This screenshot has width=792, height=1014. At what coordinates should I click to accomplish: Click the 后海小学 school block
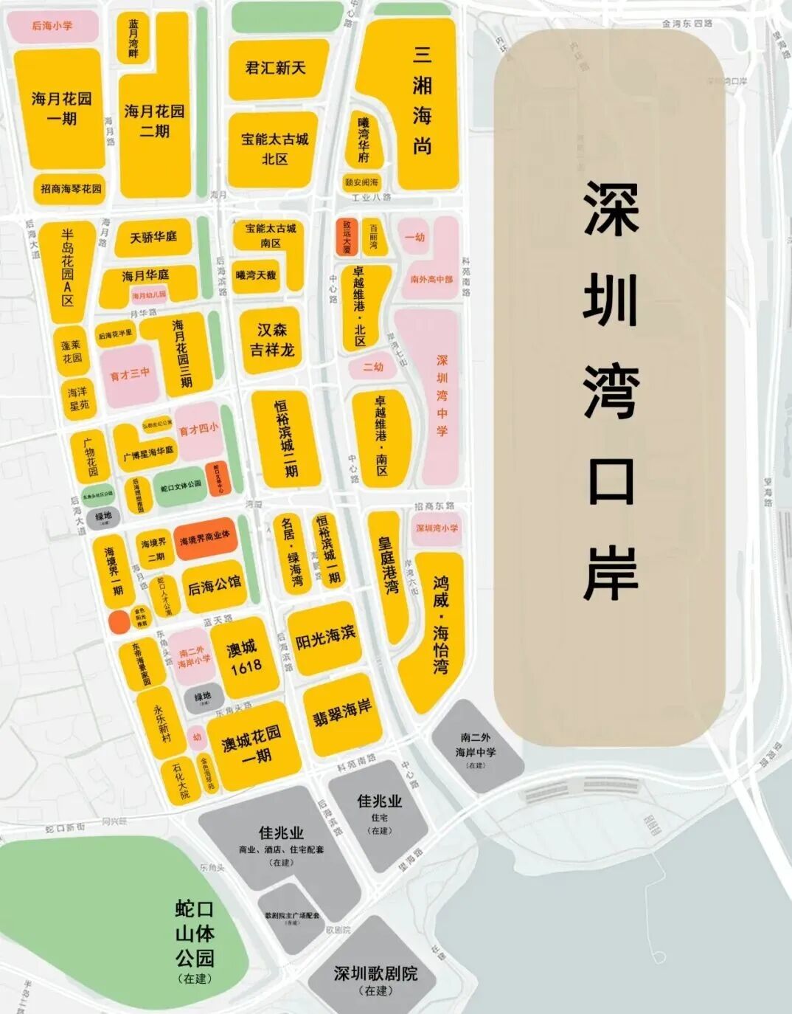click(52, 26)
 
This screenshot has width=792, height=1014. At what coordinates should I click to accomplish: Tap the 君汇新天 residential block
click(275, 68)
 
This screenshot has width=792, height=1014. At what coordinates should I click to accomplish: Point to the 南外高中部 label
click(431, 280)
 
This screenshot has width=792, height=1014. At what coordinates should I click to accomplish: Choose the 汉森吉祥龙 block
click(271, 340)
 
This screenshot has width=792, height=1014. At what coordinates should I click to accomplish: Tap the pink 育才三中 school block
click(130, 375)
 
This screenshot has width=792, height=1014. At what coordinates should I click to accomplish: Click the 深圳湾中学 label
click(442, 395)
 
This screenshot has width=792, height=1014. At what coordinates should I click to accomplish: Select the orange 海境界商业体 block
click(205, 540)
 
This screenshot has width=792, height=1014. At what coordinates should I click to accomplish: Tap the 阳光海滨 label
click(325, 638)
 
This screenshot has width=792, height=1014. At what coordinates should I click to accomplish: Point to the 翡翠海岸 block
click(341, 712)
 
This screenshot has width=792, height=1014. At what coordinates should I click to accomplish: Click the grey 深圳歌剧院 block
click(375, 974)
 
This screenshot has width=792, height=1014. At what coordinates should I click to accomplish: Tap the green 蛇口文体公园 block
click(181, 485)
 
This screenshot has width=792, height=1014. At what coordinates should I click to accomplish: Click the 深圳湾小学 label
click(437, 528)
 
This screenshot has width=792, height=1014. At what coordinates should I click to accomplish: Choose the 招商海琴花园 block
click(71, 188)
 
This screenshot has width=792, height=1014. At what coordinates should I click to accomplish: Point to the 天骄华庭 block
click(153, 237)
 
